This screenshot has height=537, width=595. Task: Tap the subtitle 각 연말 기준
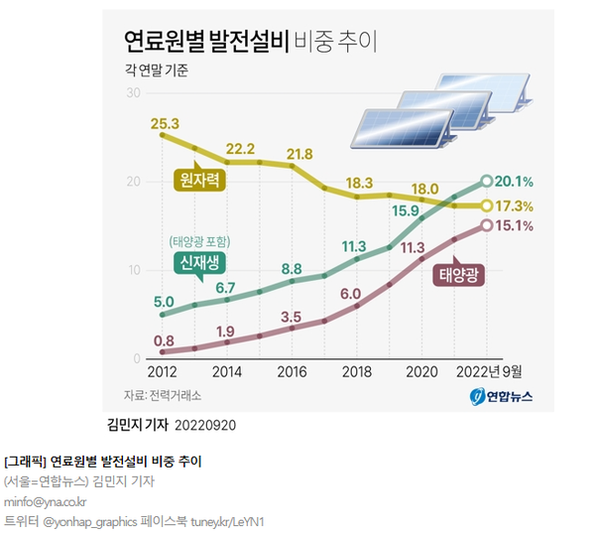point(156,71)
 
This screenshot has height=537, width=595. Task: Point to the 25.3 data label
point(165,124)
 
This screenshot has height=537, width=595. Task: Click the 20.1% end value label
point(516,182)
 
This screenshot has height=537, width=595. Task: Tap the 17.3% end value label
point(516,206)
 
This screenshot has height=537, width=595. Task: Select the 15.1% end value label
point(516,226)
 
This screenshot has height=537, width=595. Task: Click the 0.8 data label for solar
point(164,339)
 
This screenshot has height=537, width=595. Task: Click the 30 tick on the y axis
point(133,92)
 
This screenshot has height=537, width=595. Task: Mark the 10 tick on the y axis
point(133,270)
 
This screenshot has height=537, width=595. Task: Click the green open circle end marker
point(486,181)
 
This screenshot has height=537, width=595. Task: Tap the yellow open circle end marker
point(486,205)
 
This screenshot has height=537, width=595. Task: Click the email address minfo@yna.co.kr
point(46,501)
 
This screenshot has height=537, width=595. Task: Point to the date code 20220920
point(206,424)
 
